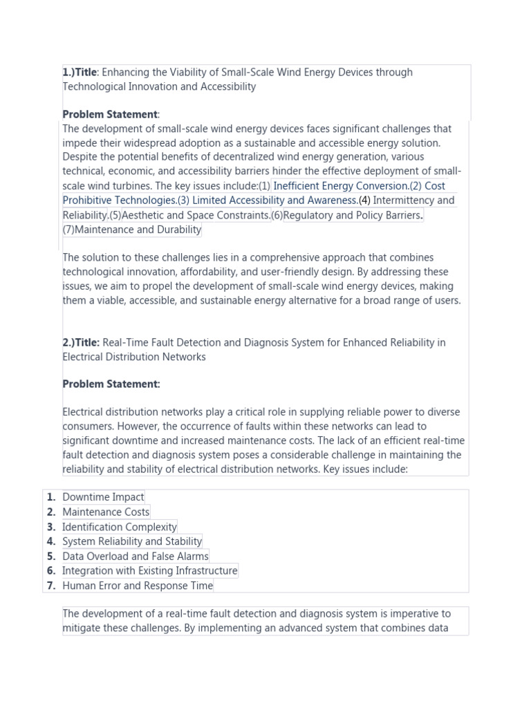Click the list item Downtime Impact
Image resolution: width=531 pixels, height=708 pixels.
(103, 497)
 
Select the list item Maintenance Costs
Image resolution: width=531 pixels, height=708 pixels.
(106, 512)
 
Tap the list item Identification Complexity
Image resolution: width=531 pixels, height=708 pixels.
(120, 527)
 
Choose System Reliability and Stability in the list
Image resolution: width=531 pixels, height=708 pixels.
(132, 541)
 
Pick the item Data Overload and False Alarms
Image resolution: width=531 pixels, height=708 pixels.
(136, 556)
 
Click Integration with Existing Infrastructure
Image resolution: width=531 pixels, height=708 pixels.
(149, 570)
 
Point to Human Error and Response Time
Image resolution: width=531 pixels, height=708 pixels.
(138, 586)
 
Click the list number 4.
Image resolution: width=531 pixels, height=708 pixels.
(51, 541)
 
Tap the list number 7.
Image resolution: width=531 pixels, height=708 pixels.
(51, 586)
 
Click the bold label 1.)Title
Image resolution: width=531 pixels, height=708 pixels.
(80, 72)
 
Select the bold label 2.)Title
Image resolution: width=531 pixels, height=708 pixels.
(81, 342)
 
